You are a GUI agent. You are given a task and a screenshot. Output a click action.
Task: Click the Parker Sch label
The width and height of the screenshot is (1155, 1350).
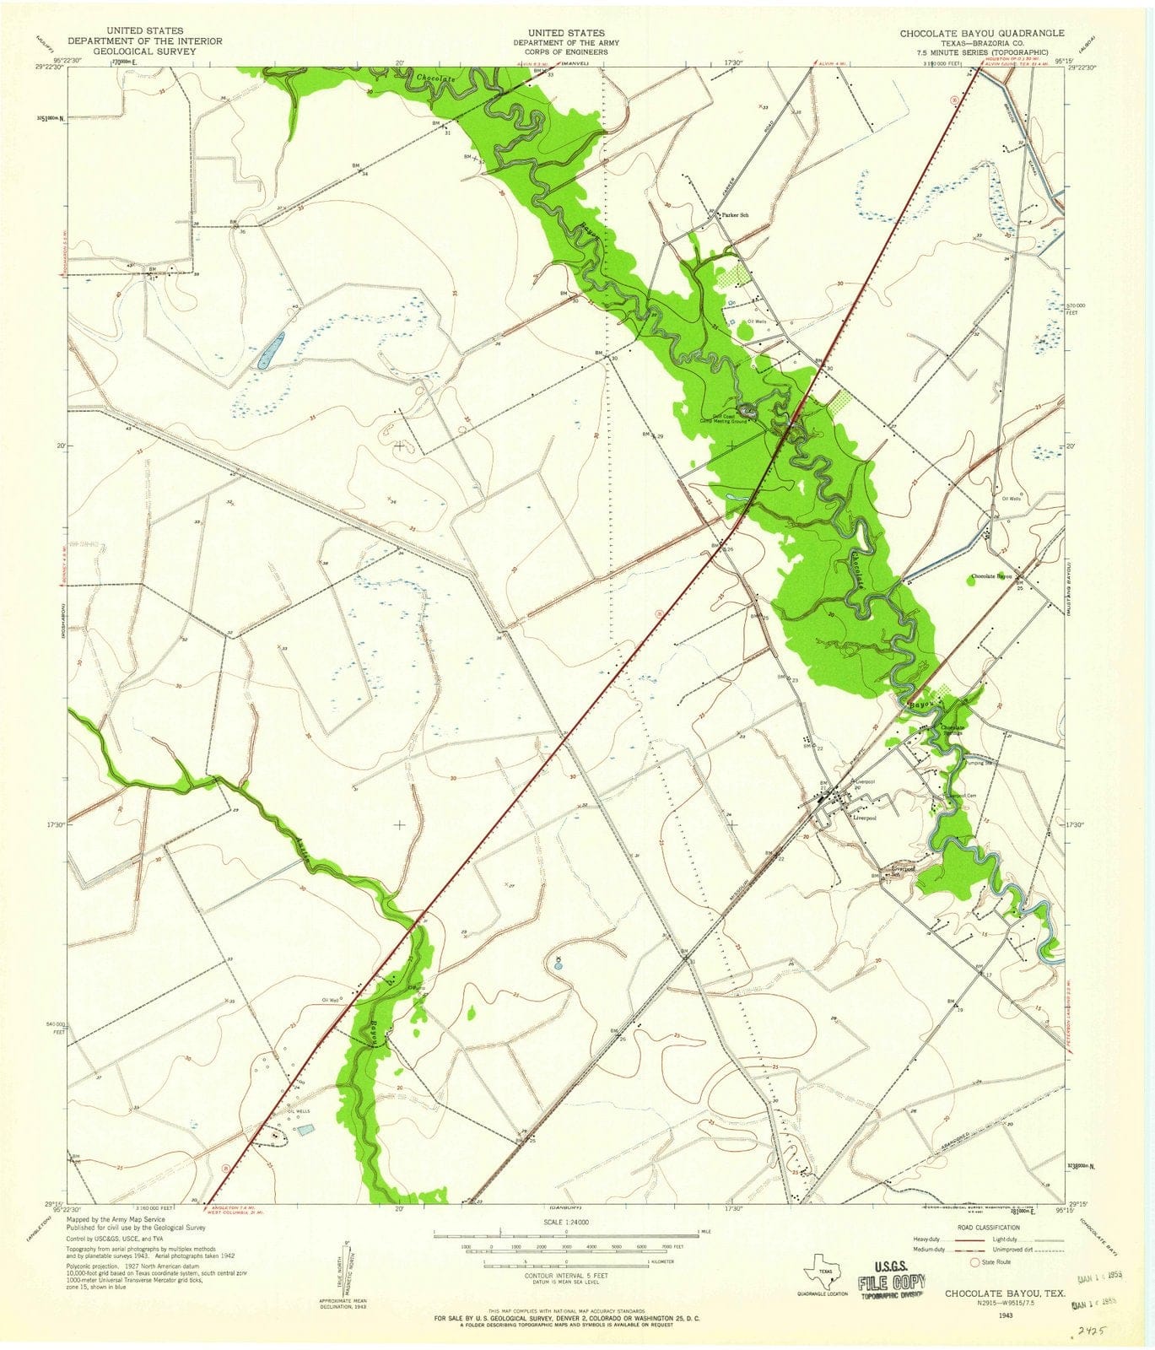click(735, 215)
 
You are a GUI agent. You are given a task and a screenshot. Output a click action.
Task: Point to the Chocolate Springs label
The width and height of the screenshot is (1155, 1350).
click(953, 730)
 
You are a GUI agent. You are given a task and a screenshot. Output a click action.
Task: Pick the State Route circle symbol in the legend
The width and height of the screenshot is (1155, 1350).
click(976, 1262)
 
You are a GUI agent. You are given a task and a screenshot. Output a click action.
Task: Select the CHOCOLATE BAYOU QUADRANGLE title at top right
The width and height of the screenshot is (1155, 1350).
click(982, 32)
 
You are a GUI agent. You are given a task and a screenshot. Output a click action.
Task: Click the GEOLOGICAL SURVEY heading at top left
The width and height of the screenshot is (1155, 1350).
click(144, 51)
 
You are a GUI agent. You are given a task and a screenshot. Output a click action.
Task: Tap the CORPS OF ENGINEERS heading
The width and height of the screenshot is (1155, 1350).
click(560, 51)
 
